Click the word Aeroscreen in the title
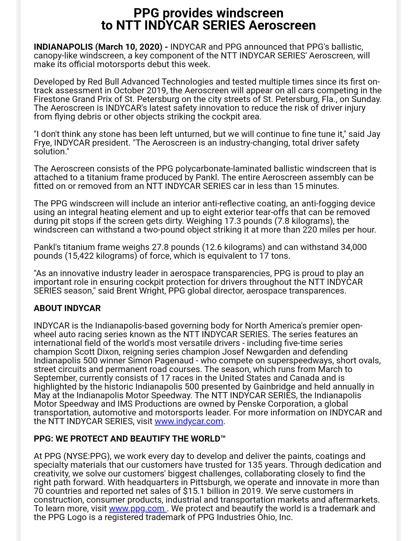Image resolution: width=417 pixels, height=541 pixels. (282, 26)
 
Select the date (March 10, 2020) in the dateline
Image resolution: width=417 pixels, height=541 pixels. (129, 47)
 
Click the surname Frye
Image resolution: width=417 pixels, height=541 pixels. (43, 143)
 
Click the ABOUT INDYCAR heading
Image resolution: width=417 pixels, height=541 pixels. (67, 308)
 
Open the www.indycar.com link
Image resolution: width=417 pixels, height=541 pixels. (189, 421)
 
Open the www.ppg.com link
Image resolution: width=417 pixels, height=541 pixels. (137, 508)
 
